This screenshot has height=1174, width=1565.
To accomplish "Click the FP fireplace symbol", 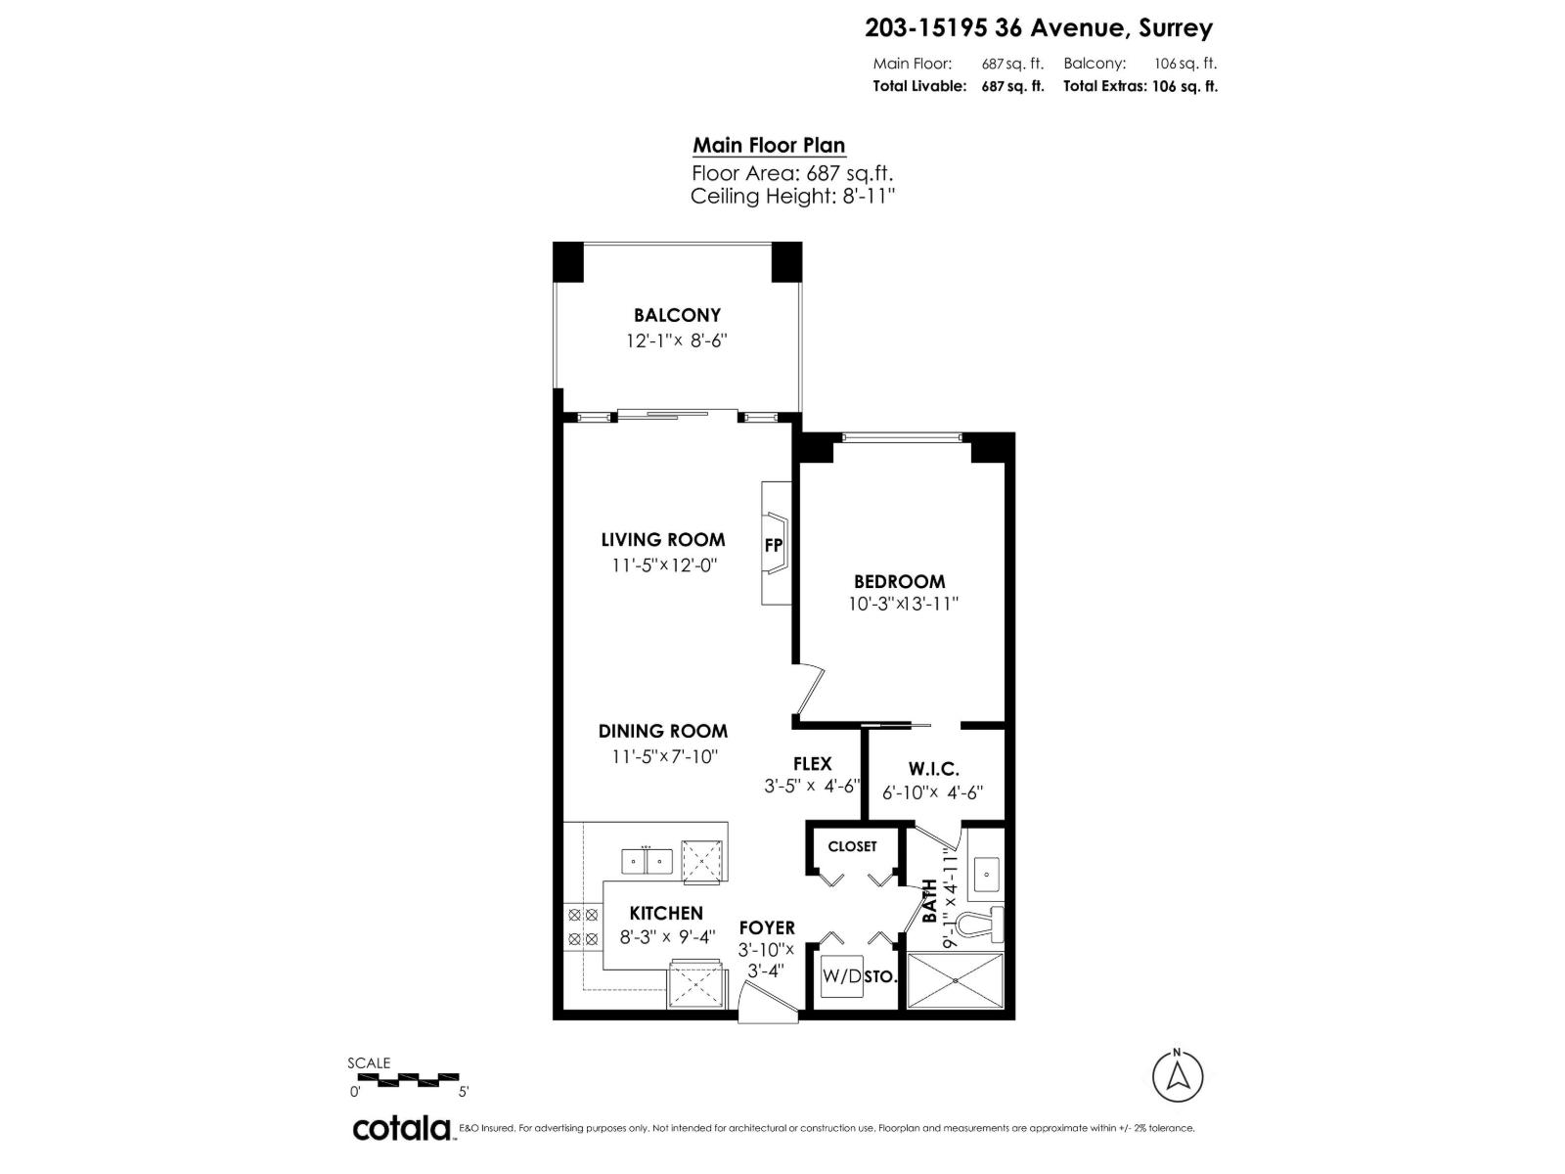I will click(774, 545).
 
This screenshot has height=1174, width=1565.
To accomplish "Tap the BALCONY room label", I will click(677, 315).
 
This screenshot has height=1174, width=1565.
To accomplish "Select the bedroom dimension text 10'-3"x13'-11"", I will click(903, 605).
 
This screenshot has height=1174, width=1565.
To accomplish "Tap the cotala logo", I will click(401, 1128).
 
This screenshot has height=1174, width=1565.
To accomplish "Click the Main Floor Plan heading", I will click(769, 146).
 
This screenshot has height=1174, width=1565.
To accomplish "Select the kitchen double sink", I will click(648, 862).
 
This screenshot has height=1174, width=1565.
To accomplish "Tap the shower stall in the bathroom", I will click(956, 980).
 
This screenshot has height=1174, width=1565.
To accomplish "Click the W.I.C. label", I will click(933, 769).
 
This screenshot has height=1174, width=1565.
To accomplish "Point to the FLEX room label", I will click(812, 764).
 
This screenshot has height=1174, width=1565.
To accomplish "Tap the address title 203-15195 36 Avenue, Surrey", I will click(1039, 28).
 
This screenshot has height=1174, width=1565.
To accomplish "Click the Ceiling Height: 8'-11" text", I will click(792, 196).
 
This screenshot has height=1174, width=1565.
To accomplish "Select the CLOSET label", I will click(852, 846).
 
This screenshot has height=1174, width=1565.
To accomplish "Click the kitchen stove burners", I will click(583, 926).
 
